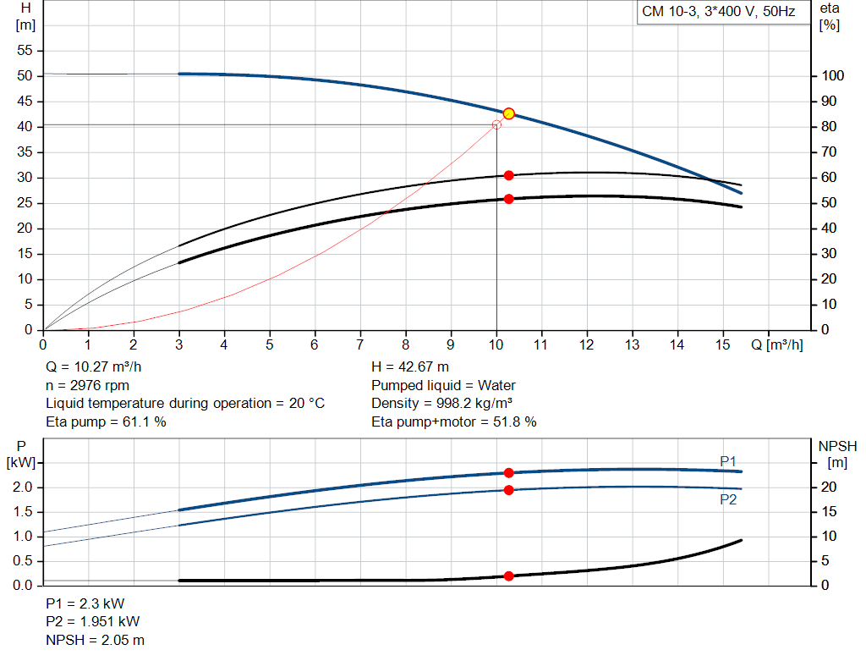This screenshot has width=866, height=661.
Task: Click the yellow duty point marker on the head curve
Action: [x=508, y=113]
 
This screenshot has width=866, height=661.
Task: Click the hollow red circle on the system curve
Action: [x=496, y=124]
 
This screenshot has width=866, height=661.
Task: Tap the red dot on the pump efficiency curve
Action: [x=508, y=175]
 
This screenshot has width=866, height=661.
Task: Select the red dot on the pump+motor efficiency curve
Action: [x=508, y=199]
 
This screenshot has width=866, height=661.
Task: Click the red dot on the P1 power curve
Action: [x=508, y=473]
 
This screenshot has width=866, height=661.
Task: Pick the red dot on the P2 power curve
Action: [x=508, y=490]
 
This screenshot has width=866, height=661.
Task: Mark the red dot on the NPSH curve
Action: [x=508, y=576]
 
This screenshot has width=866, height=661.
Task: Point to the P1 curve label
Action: [x=728, y=460]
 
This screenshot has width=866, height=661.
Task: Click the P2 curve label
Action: [x=728, y=499]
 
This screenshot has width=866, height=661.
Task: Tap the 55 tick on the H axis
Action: [x=25, y=51]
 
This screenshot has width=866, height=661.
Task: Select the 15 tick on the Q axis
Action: [x=722, y=344]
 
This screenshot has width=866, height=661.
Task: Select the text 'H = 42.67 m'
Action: [x=410, y=367]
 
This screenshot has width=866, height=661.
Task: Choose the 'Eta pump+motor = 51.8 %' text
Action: [x=453, y=421]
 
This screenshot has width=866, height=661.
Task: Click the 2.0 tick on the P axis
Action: [x=22, y=487]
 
